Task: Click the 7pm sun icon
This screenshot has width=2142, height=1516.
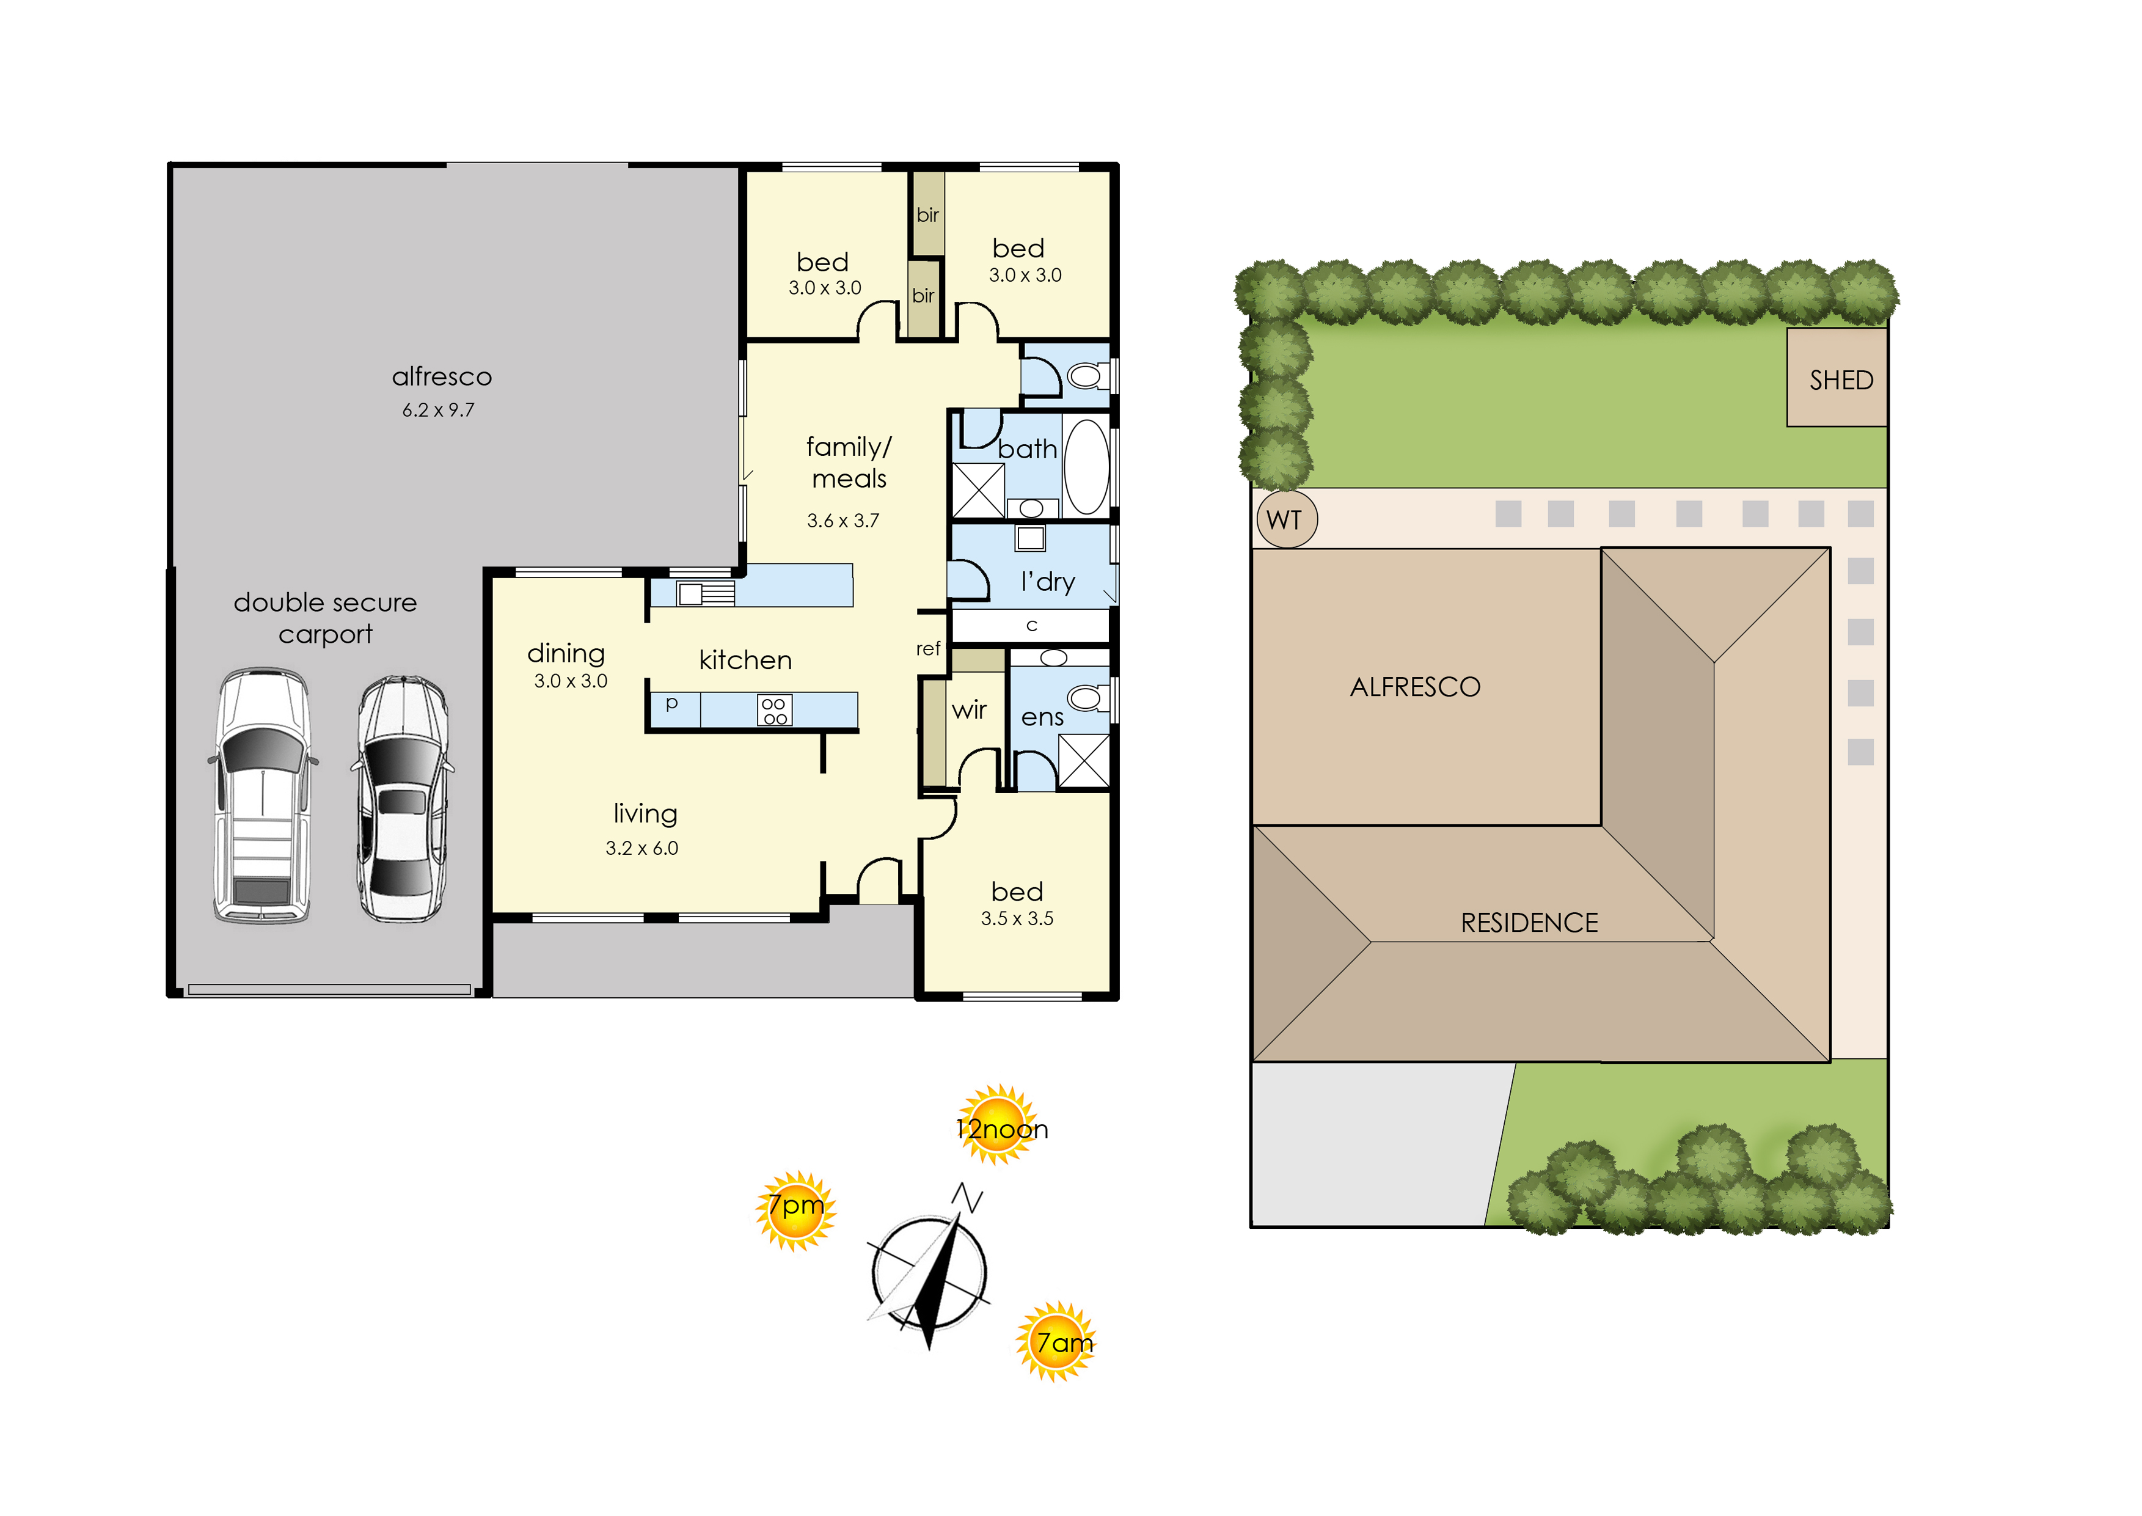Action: [x=795, y=1210]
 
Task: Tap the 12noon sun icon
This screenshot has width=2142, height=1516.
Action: [x=999, y=1125]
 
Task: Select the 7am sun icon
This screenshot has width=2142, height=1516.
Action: [x=1056, y=1341]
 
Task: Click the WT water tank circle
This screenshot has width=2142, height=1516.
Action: [x=1286, y=519]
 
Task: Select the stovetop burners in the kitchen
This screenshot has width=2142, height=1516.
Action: [x=773, y=711]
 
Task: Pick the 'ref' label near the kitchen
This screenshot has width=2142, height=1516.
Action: [x=928, y=649]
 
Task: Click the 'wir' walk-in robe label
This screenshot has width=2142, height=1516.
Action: [x=969, y=711]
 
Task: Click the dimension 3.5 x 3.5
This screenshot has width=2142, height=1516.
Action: [x=1017, y=918]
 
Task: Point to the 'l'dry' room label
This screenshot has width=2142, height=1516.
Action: [x=1047, y=582]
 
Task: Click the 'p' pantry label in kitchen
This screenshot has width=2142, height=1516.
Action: [x=671, y=703]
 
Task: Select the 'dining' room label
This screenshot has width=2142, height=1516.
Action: [x=566, y=653]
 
